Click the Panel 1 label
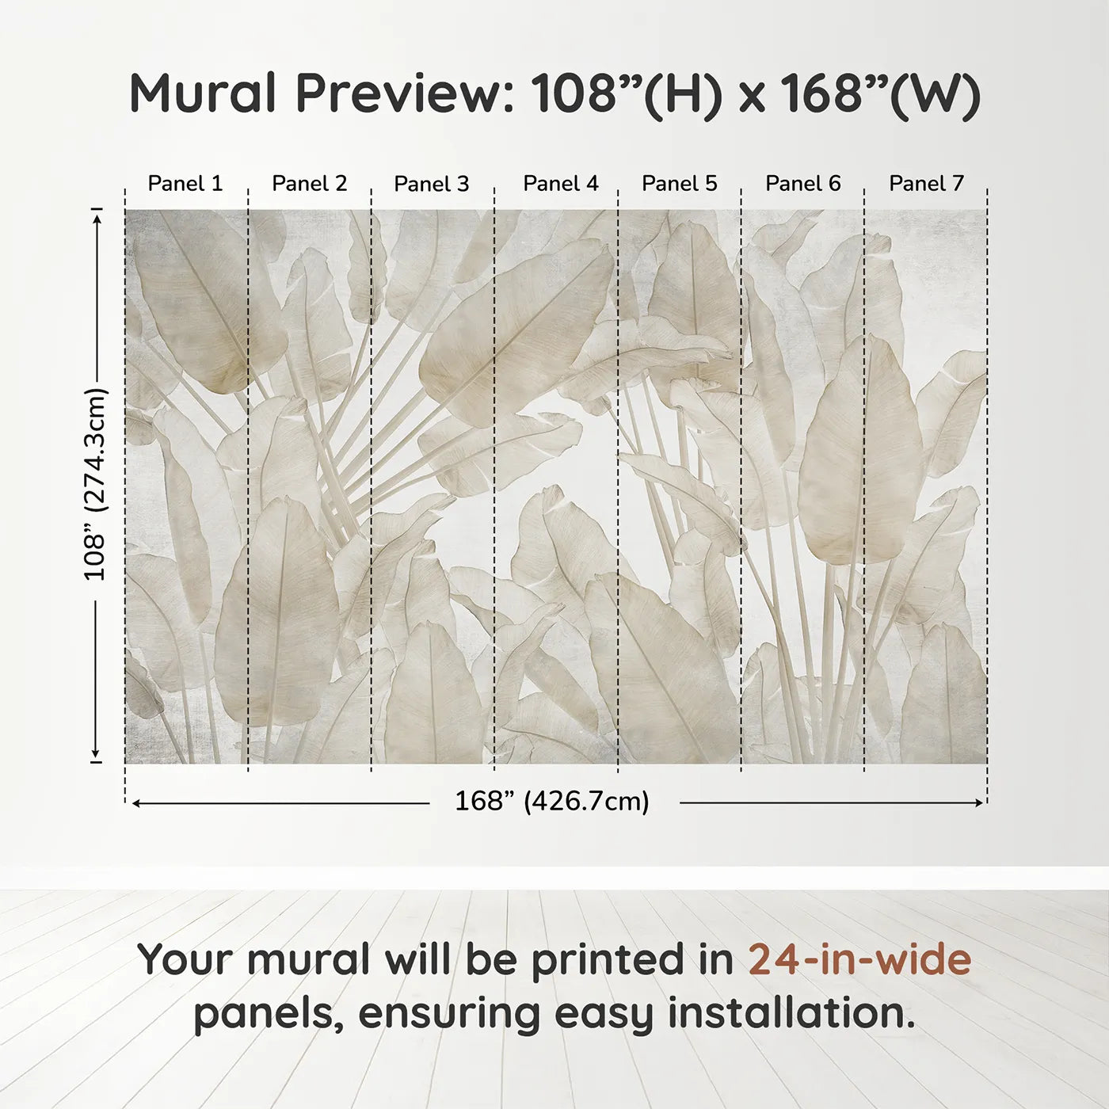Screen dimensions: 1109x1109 tap(185, 184)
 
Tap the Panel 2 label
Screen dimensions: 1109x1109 tap(309, 184)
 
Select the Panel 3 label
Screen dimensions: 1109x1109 tap(432, 184)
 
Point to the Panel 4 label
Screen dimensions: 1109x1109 tap(561, 184)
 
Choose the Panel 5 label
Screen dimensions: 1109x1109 tap(680, 184)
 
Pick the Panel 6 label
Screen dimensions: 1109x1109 tap(802, 184)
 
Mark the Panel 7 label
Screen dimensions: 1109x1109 tap(926, 184)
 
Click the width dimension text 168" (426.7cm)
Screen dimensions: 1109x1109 tap(552, 802)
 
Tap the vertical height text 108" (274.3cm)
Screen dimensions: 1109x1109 tap(95, 484)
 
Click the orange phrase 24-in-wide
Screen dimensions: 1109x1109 tap(859, 959)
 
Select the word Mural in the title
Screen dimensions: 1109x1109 tap(203, 93)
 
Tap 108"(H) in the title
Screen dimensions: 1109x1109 tap(627, 93)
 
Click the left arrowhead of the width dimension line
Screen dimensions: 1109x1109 tap(136, 803)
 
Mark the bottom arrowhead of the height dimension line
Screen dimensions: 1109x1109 tap(97, 755)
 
